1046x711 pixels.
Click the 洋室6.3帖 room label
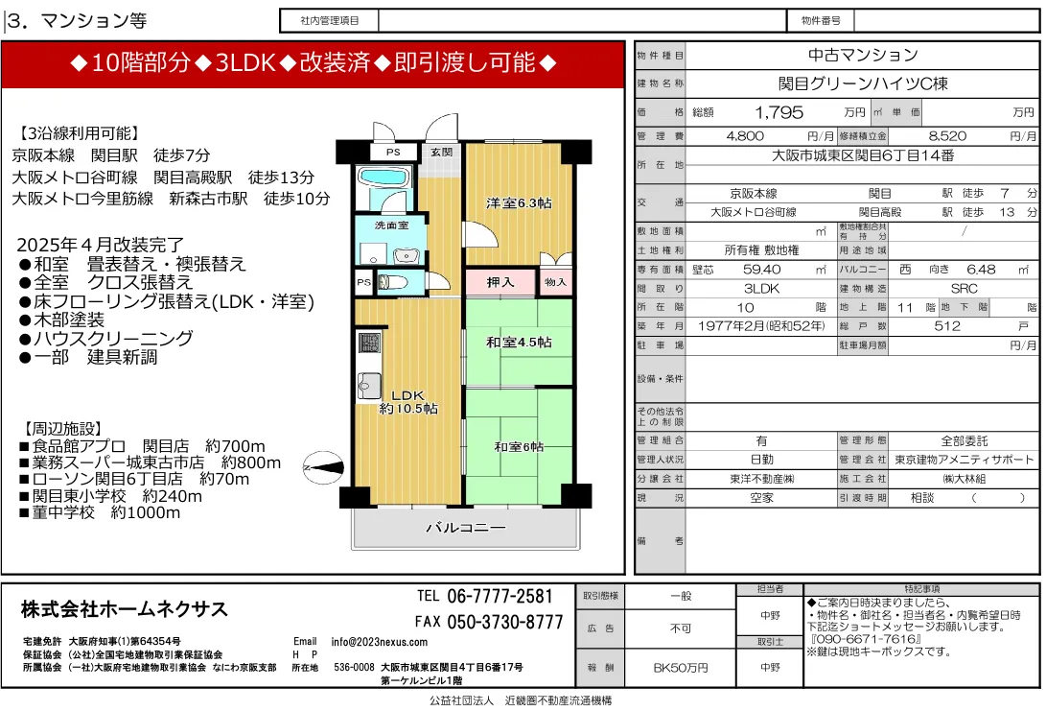coord(518,202)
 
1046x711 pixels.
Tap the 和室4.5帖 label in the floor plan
coord(518,343)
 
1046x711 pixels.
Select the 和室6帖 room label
coord(518,446)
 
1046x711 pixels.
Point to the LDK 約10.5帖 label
coord(408,401)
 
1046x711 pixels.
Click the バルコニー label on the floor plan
coord(465,528)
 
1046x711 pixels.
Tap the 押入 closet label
coord(500,282)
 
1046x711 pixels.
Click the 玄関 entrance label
coord(441,152)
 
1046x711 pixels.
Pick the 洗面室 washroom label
coord(391,225)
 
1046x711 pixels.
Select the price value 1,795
coord(779,112)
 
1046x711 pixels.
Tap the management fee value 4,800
coord(745,136)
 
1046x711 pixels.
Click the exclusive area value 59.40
coord(761,270)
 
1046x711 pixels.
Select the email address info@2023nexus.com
coord(380,642)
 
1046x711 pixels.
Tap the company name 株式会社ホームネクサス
coord(125,609)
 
